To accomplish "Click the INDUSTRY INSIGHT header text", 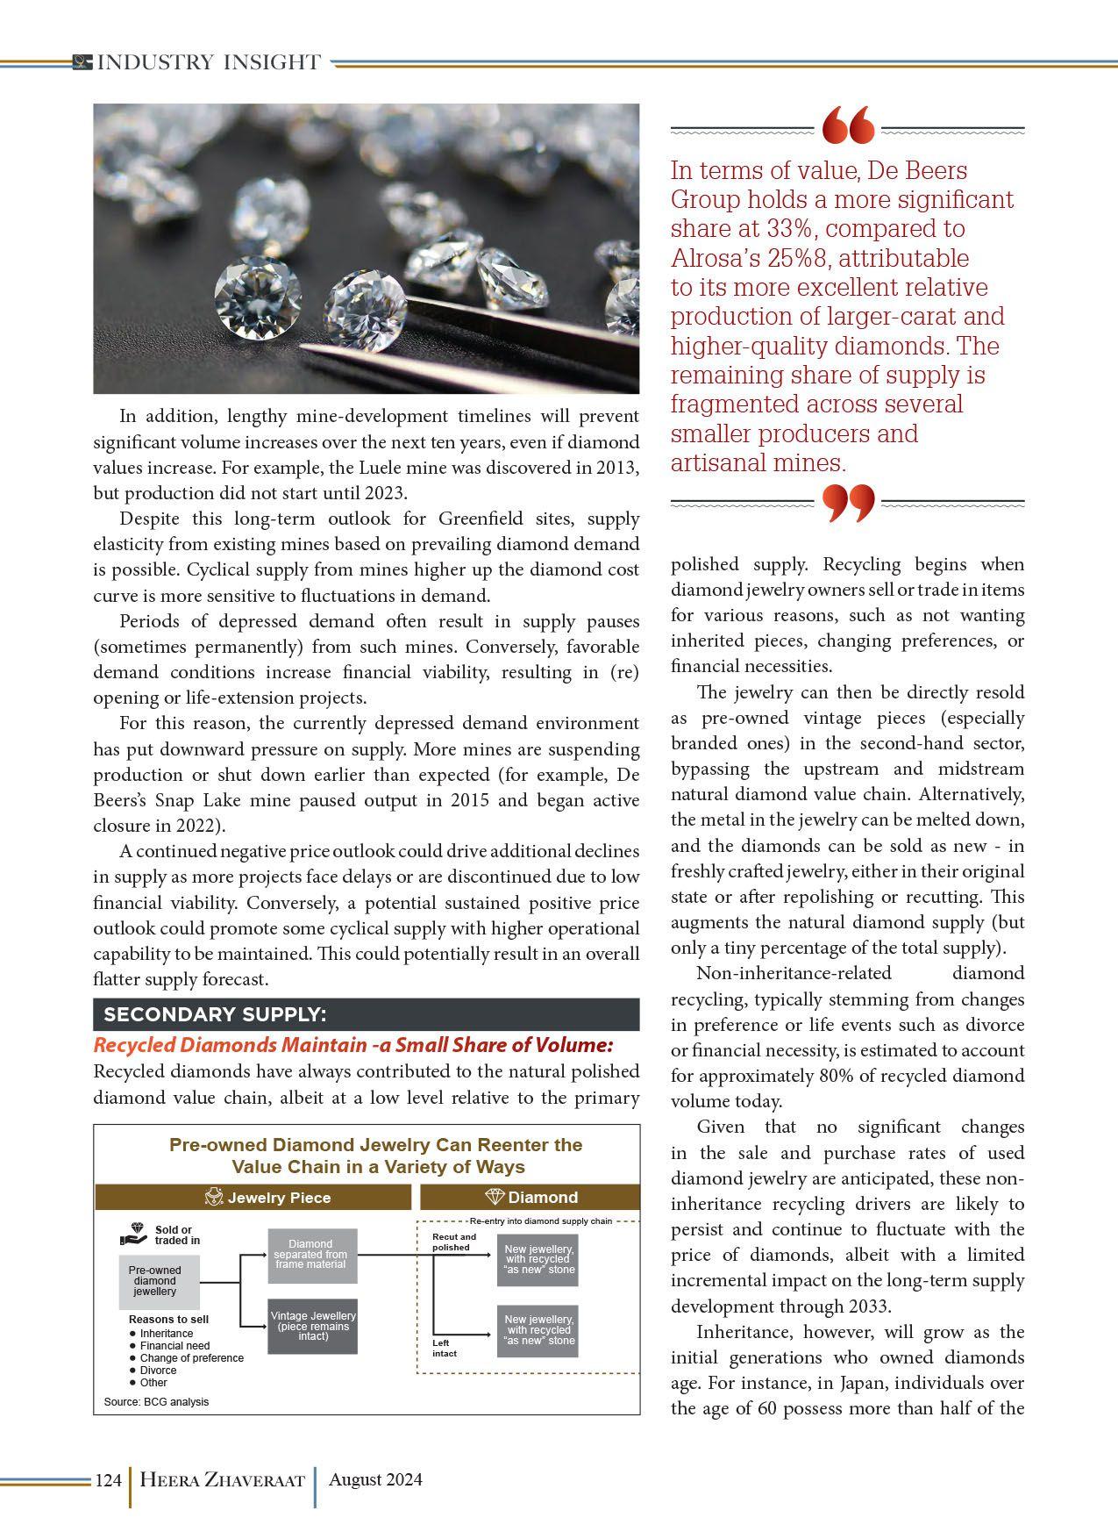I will (x=209, y=62).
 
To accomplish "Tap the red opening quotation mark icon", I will (x=848, y=125).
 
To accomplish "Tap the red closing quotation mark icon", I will (x=848, y=502).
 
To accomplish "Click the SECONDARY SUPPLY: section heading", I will (x=216, y=1014).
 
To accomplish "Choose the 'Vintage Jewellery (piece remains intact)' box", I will (x=313, y=1326).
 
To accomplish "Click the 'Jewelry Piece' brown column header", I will (x=267, y=1198).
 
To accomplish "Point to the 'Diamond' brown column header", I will (x=531, y=1198).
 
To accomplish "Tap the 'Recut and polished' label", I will (x=454, y=1242).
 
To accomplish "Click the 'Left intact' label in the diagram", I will (x=445, y=1348).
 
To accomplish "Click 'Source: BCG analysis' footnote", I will (x=156, y=1401).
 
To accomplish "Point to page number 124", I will (x=107, y=1480).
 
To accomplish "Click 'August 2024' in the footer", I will (x=375, y=1479).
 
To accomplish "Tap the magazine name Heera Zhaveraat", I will (x=222, y=1480).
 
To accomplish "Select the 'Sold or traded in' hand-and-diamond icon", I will (x=135, y=1235).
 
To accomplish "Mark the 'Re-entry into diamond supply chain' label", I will (x=540, y=1220).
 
